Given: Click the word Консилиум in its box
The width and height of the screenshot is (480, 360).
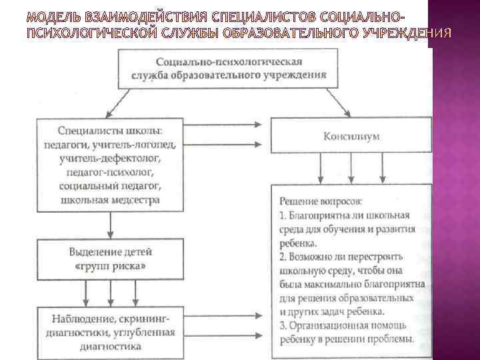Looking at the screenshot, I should click(351, 137).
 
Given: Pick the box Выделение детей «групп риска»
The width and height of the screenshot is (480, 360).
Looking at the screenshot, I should click(110, 259).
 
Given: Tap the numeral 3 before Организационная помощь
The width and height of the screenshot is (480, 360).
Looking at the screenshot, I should click(283, 325).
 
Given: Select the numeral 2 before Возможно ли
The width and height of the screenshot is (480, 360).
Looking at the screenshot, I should click(283, 257).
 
